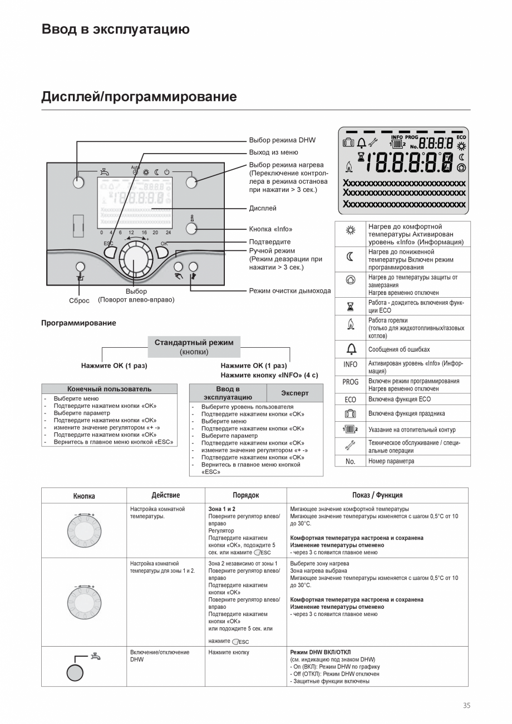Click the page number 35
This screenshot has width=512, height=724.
pos(466,706)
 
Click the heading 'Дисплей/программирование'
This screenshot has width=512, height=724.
pos(139,97)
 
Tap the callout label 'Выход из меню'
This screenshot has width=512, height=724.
pos(273,152)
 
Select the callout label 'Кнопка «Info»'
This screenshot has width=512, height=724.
pos(270,229)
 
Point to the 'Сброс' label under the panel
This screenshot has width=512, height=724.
pos(79,301)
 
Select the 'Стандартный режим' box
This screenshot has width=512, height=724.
pos(194,346)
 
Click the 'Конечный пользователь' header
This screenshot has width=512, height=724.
pos(109,389)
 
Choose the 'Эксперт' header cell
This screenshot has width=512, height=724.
pos(294,393)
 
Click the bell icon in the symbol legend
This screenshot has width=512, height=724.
pos(350,349)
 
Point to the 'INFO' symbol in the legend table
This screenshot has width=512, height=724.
pos(350,365)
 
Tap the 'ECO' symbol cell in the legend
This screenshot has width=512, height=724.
pos(350,400)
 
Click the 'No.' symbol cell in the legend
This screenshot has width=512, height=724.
pos(350,461)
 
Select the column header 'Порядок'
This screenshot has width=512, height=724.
pos(245,495)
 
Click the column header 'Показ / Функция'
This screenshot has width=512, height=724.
pos(377,495)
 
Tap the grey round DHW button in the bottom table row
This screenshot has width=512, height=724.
pos(75,672)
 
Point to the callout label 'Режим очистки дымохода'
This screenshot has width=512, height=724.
pos(289,290)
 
